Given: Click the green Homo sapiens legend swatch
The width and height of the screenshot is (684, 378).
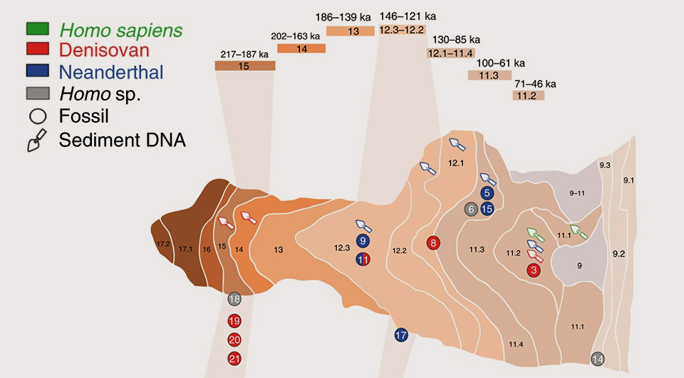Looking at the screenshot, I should (x=38, y=30).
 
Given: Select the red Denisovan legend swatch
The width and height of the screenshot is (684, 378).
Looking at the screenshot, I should (x=38, y=50).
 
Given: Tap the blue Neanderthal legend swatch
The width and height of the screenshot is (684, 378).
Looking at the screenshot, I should (x=38, y=71).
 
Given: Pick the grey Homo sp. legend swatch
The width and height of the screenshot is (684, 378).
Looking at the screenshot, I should (x=38, y=93).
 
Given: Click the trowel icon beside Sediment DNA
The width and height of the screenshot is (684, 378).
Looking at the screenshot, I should (x=36, y=141).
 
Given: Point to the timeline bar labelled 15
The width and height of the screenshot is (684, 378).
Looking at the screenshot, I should (x=244, y=66).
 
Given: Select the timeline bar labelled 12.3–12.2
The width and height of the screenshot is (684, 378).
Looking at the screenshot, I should (x=402, y=30).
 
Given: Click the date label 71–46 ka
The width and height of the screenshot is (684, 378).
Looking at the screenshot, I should (x=534, y=83).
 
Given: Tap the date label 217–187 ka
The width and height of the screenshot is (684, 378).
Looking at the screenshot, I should (x=244, y=53).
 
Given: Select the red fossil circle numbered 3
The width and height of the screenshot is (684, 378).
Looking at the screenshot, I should (x=534, y=270).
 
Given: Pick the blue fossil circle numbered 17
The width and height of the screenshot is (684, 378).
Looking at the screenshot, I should (x=400, y=334).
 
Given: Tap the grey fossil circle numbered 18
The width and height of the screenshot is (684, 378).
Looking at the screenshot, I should (x=234, y=300).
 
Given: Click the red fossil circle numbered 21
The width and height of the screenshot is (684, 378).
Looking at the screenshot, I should (x=234, y=359).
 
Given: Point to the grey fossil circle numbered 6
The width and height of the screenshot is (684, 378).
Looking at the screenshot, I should (x=471, y=209).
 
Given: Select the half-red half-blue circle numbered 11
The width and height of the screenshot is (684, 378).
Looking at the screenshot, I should (x=363, y=260).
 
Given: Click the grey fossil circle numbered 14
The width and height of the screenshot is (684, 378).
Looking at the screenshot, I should (x=598, y=359).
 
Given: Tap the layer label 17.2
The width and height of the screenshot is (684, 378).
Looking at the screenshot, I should (x=163, y=244).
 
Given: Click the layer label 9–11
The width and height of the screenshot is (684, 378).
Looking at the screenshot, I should (x=577, y=193).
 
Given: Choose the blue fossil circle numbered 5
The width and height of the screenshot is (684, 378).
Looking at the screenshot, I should (x=487, y=193).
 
